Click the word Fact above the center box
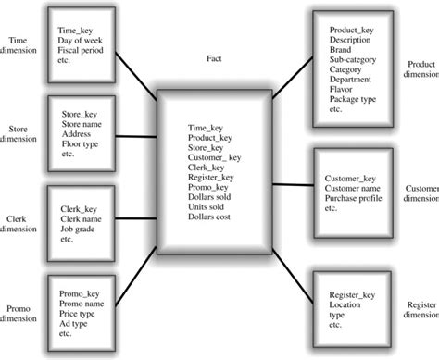click(x=215, y=58)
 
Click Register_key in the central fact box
click(x=210, y=177)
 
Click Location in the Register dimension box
click(x=345, y=304)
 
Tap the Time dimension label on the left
click(x=18, y=46)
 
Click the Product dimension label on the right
click(x=421, y=69)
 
